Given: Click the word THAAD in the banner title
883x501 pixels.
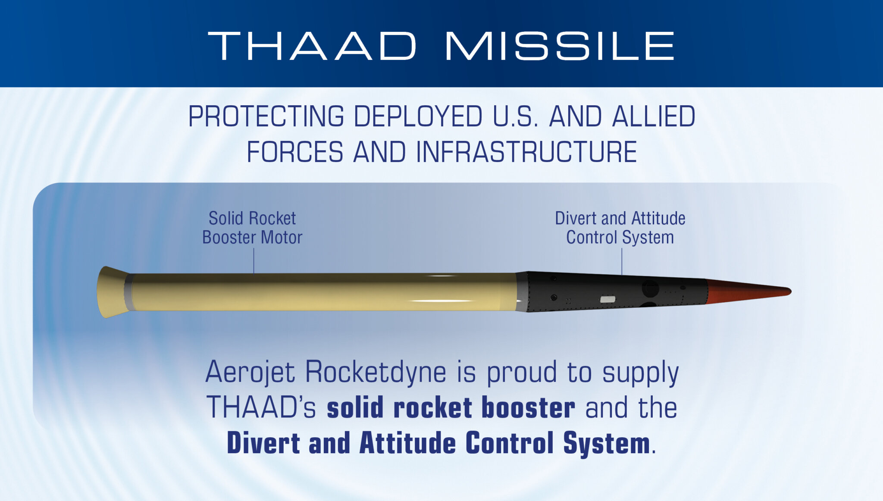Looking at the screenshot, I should click(312, 46).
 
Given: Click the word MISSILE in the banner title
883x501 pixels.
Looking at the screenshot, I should click(560, 46).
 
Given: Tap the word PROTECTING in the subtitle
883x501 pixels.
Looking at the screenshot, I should click(266, 116).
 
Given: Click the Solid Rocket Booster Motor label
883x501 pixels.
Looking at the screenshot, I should click(252, 228).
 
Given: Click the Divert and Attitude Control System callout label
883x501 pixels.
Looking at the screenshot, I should click(620, 228).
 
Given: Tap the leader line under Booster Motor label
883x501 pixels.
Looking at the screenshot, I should click(254, 261).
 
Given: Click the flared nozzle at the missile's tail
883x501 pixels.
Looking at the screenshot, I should click(110, 292).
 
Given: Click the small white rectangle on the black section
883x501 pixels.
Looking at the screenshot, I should click(607, 299).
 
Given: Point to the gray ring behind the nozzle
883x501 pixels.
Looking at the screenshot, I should click(128, 292).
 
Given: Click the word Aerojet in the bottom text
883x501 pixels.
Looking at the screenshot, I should click(250, 373).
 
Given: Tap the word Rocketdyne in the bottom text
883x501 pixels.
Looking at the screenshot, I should click(376, 373).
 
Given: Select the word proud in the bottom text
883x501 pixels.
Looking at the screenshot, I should click(522, 373).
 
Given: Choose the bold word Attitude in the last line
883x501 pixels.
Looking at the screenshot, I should click(407, 443).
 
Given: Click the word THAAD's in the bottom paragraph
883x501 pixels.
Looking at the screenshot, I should click(261, 408).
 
